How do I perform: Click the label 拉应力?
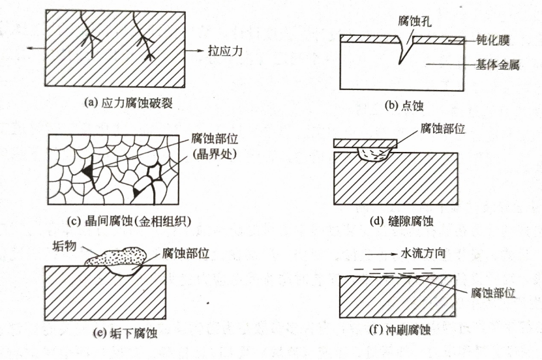[225, 51]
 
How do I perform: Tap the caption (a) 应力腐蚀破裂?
[128, 103]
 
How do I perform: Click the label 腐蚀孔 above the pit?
[414, 21]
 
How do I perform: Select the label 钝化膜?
[492, 40]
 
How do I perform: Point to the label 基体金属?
[497, 65]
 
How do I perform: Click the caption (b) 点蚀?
[404, 106]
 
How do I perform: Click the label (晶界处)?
[215, 154]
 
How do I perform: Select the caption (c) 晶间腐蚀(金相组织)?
[128, 221]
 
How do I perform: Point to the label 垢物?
[65, 247]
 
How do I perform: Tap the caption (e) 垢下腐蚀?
[125, 333]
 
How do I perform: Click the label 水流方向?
[423, 253]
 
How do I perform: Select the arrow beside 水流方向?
[381, 254]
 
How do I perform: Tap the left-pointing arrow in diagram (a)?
[37, 48]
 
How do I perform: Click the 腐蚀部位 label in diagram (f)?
[493, 293]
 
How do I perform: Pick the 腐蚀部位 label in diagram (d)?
[443, 129]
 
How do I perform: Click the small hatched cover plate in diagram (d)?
[365, 143]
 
